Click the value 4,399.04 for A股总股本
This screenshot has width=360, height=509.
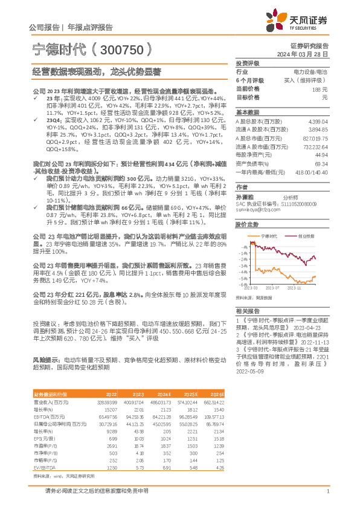[x=317, y=122]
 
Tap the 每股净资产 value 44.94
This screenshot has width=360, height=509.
[x=320, y=155]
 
